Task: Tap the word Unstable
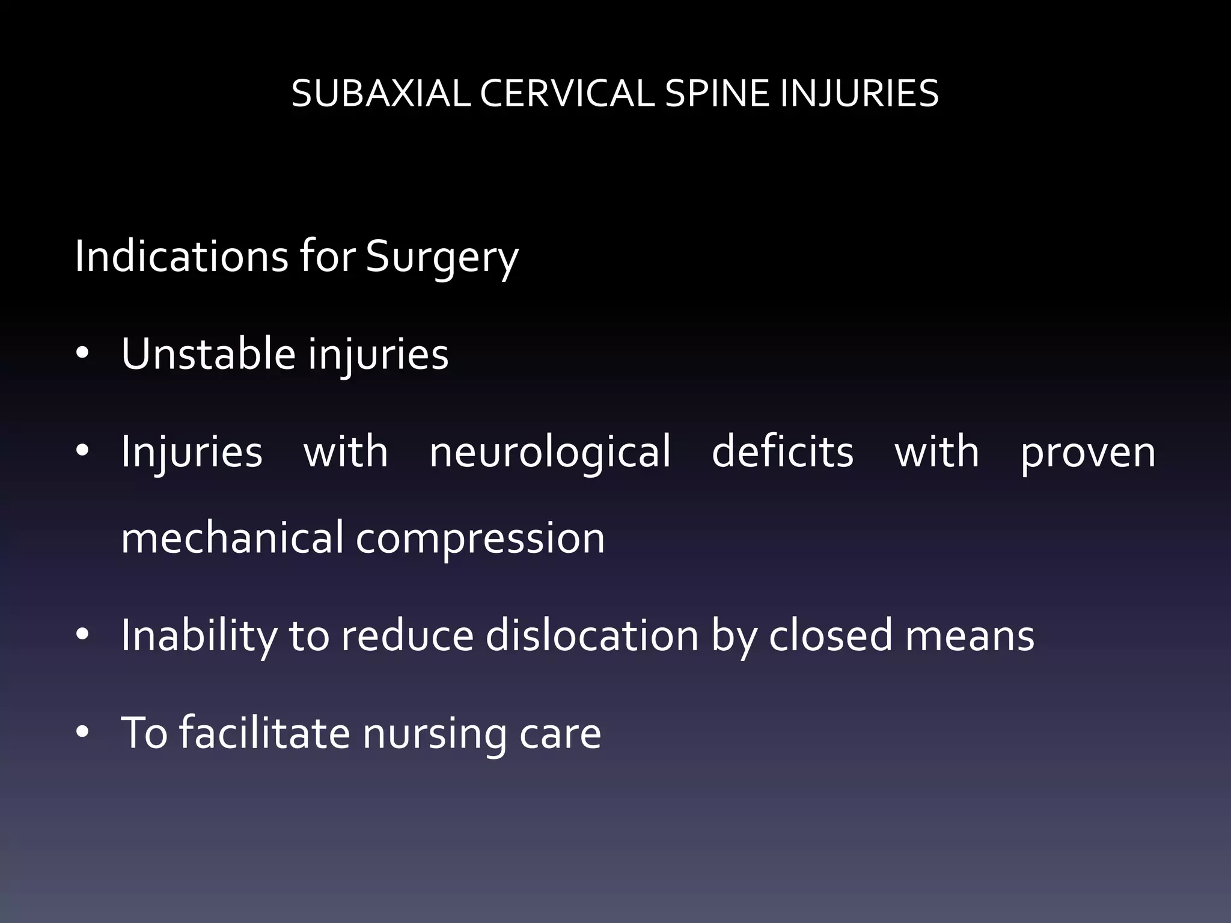[x=208, y=354]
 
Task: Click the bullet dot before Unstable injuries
[x=82, y=354]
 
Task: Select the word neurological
[x=550, y=452]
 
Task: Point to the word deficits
[x=783, y=452]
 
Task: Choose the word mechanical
[x=232, y=538]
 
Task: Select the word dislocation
[x=592, y=636]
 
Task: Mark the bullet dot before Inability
[x=82, y=635]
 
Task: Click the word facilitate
[x=265, y=733]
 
